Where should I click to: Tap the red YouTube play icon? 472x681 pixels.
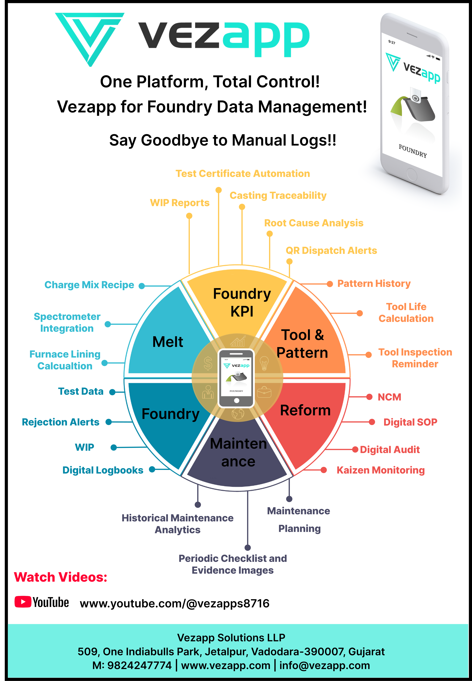[23, 602]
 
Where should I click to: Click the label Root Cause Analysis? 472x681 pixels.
[314, 223]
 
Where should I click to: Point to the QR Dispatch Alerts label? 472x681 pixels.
[331, 251]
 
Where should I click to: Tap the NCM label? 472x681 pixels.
[389, 397]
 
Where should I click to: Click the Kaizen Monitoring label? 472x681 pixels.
[381, 470]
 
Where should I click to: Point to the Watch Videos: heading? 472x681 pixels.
[61, 577]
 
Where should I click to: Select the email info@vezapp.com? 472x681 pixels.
[324, 665]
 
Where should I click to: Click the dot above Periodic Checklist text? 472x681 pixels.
[248, 548]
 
